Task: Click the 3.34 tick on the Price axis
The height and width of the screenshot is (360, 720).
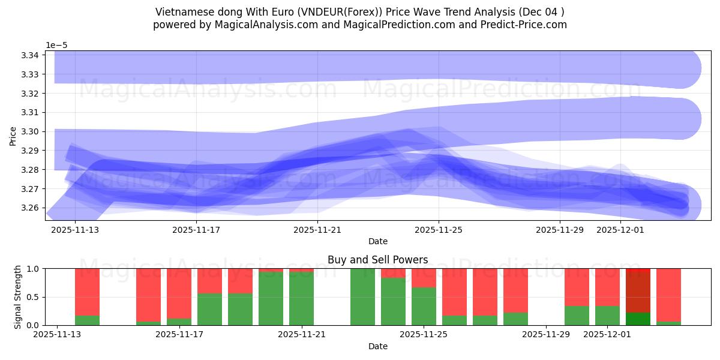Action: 30,55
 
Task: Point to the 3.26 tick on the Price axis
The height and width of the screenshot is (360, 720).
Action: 30,208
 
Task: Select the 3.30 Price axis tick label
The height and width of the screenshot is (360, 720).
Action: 30,132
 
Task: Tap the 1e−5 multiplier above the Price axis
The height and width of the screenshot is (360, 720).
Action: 58,45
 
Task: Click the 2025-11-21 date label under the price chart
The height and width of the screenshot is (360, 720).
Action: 317,230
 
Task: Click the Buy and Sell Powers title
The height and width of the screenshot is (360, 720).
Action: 377,260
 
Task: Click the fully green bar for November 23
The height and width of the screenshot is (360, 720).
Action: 362,297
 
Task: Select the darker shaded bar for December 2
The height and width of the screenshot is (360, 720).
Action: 638,297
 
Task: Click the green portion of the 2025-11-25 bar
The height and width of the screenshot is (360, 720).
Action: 424,306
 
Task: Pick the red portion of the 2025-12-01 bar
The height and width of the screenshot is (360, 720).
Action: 607,287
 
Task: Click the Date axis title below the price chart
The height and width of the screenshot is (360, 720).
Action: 377,241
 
